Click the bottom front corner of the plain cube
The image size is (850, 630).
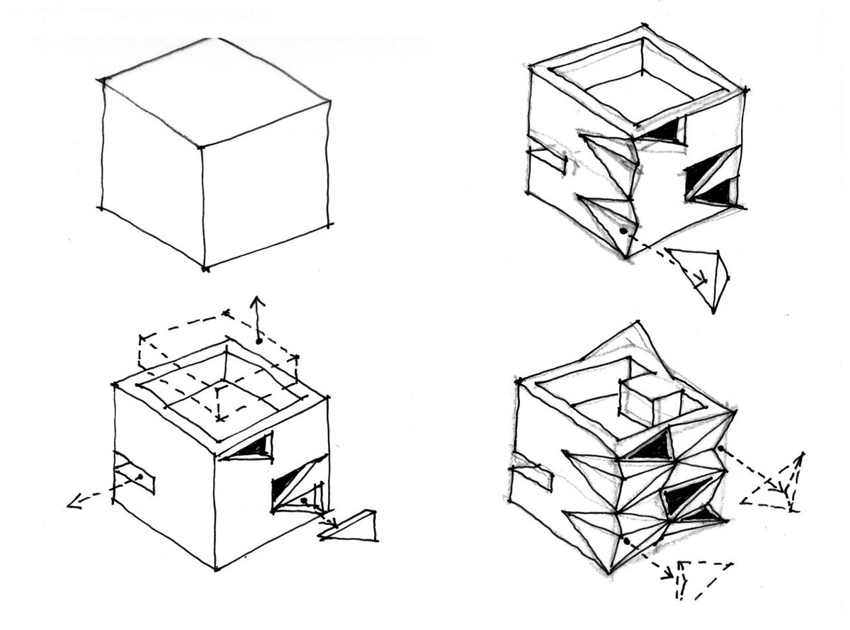coord(205,269)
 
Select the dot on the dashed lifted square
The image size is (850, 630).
coord(259,341)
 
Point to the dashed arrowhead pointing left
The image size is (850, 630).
coord(73,503)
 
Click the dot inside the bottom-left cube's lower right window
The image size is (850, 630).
coord(303,500)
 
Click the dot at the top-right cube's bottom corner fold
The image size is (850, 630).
coord(623,230)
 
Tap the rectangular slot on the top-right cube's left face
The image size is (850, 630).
coord(548,161)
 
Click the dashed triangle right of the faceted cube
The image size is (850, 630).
coord(779,485)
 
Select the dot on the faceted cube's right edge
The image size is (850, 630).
coord(720,448)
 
